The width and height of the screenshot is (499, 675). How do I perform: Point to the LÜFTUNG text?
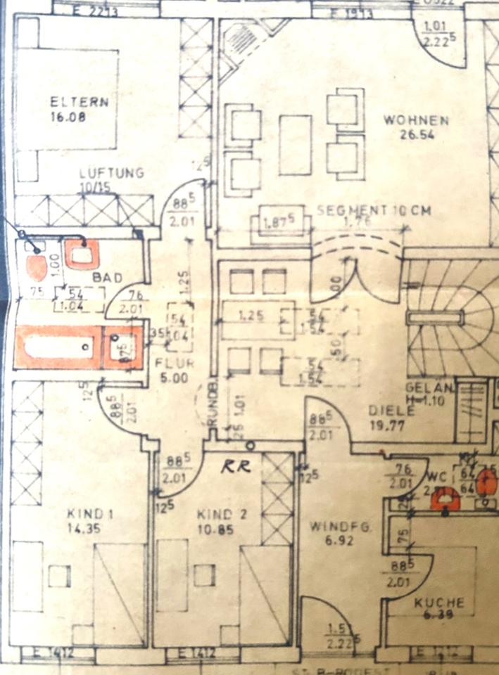coord(112,173)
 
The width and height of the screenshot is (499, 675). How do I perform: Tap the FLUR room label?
coord(173,364)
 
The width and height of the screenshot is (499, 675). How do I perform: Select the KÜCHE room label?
coord(438,603)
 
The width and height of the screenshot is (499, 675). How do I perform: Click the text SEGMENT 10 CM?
coord(373,210)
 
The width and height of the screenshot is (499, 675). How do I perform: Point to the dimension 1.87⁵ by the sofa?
coord(277,224)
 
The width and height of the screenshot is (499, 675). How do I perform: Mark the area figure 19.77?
coord(386,425)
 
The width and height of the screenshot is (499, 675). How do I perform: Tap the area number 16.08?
coord(68,117)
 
